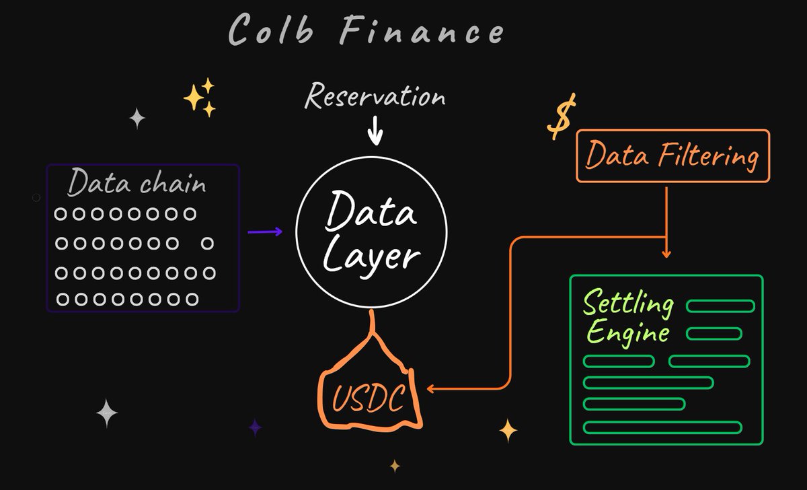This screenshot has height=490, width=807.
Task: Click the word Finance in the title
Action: tap(422, 30)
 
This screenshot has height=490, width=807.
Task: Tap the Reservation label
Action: tap(375, 96)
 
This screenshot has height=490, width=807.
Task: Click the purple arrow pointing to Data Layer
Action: tap(265, 232)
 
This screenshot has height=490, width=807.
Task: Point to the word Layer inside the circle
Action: tap(371, 256)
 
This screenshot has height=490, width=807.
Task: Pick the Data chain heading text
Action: tap(137, 183)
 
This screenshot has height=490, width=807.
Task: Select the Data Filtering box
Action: tap(672, 156)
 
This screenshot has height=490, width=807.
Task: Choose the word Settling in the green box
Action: tap(627, 304)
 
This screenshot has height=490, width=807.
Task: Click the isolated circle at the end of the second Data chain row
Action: tap(208, 242)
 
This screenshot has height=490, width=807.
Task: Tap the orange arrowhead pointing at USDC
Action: tap(431, 388)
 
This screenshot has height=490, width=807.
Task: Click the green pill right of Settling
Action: tap(720, 307)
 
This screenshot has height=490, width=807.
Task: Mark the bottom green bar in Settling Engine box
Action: tap(662, 427)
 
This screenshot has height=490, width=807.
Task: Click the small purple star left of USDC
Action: tap(255, 427)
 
